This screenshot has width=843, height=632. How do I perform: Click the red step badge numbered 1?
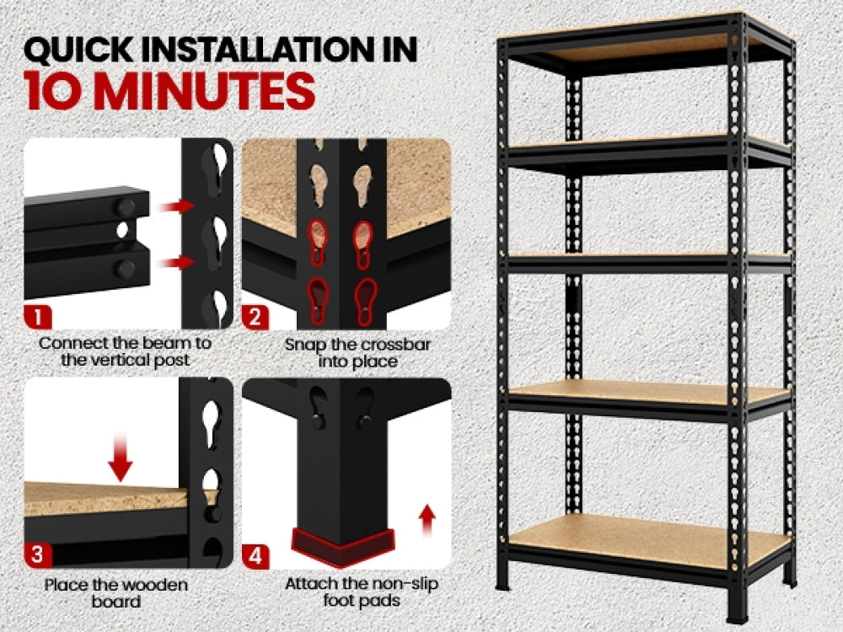pos(38,318)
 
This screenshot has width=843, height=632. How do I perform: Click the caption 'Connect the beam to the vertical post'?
pos(126,352)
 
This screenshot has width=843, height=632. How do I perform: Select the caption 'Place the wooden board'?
pos(116,593)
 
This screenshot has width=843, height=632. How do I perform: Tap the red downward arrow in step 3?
pos(121,456)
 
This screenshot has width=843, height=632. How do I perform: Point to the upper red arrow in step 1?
pos(175,206)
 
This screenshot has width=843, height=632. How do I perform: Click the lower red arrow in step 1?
pos(175,263)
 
